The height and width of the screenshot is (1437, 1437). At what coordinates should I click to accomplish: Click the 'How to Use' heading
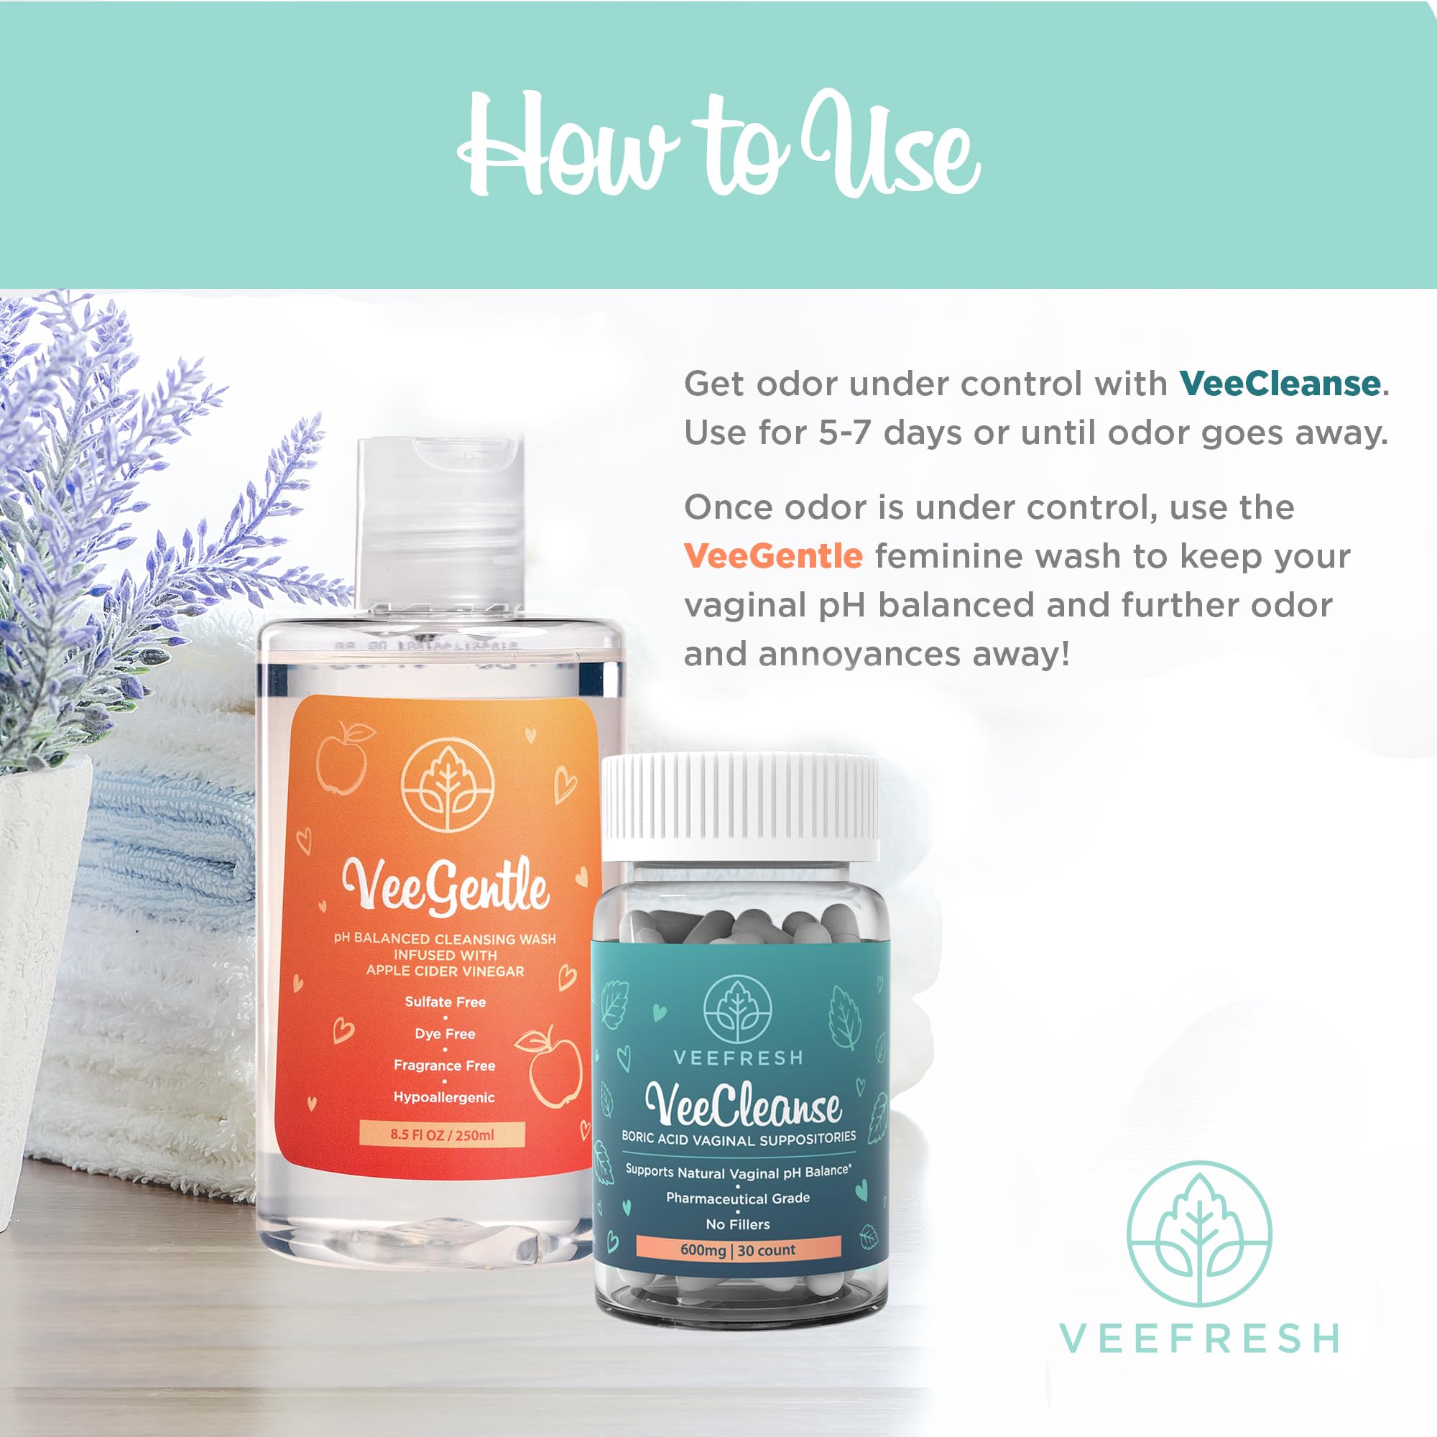718,145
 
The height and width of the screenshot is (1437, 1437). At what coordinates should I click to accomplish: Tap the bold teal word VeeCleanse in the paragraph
1280,384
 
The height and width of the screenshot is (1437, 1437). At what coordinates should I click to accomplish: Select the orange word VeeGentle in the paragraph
773,555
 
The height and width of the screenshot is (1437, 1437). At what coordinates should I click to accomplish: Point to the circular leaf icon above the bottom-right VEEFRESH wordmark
1198,1234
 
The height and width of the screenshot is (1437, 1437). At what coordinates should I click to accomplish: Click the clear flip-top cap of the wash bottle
440,521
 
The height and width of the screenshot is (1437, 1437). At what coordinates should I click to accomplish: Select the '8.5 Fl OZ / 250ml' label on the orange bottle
442,1135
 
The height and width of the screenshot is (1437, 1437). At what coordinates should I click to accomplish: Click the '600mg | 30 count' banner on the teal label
738,1249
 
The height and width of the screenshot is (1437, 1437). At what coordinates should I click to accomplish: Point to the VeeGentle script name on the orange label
445,887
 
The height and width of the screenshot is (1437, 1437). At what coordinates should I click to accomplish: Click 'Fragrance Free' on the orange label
444,1065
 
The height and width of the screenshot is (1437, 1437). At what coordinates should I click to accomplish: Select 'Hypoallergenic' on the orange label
444,1097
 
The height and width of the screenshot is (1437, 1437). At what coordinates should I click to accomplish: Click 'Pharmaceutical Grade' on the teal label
738,1198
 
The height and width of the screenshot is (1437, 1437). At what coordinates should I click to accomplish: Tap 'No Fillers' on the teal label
738,1224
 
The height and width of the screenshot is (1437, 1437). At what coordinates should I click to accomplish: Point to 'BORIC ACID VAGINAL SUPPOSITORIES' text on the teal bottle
739,1138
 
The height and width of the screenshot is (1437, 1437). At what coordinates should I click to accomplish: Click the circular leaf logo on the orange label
447,785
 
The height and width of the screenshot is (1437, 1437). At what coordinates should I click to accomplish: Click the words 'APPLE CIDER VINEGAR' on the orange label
445,971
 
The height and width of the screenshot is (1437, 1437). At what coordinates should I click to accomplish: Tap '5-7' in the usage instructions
844,433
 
